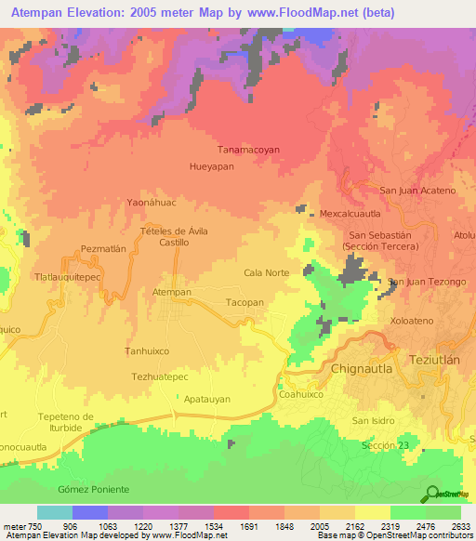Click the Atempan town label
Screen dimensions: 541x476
click(x=171, y=292)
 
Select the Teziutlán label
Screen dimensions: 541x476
click(x=442, y=359)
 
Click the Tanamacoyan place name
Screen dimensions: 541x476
click(x=248, y=149)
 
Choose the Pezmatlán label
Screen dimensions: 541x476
click(x=103, y=249)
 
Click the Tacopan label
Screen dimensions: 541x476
click(x=245, y=303)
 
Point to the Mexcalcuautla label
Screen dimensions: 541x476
click(x=351, y=213)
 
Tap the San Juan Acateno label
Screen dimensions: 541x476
click(x=418, y=191)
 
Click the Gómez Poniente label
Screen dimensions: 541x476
click(x=93, y=489)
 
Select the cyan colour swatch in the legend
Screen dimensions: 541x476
click(x=55, y=512)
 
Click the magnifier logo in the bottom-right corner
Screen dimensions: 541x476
click(x=430, y=494)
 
